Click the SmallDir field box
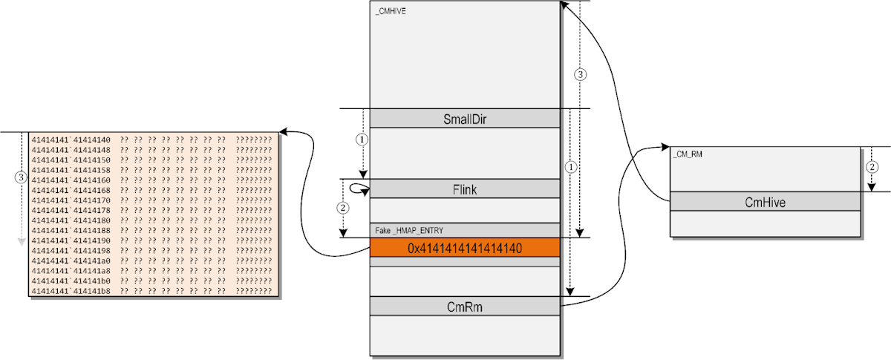(465, 118)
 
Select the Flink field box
(465, 189)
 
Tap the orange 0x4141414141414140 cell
(465, 249)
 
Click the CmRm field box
(465, 306)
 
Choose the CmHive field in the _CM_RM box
(766, 202)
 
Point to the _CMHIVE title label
(391, 12)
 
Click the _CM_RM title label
(687, 154)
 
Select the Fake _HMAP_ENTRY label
(409, 231)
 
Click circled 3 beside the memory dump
(21, 177)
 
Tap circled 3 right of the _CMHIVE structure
(581, 74)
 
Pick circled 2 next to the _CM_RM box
(872, 167)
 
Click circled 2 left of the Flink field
(342, 208)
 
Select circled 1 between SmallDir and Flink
(362, 139)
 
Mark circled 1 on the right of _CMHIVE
(569, 166)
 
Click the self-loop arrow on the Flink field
(361, 190)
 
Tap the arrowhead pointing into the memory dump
(284, 132)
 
